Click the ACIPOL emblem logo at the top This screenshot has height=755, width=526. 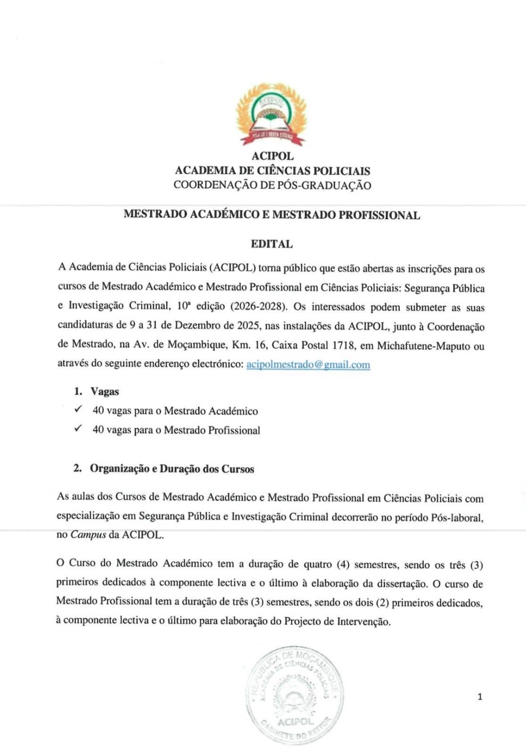[x=271, y=115]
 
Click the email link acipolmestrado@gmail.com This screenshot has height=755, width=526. [x=308, y=364]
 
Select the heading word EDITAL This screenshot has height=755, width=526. [x=271, y=244]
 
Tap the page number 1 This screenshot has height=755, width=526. [x=480, y=696]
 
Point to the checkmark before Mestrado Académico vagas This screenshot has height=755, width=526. [x=79, y=409]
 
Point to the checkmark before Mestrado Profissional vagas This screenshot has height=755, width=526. [x=79, y=428]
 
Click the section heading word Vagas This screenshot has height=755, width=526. [x=105, y=391]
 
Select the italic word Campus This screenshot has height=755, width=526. [x=88, y=535]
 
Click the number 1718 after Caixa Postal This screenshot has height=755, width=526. [x=344, y=345]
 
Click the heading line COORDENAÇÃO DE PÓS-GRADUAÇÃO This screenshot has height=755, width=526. [x=272, y=185]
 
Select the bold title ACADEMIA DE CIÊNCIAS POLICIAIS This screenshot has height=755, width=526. [x=272, y=170]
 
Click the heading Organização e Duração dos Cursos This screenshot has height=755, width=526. [x=172, y=469]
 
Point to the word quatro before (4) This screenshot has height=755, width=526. [x=317, y=564]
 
